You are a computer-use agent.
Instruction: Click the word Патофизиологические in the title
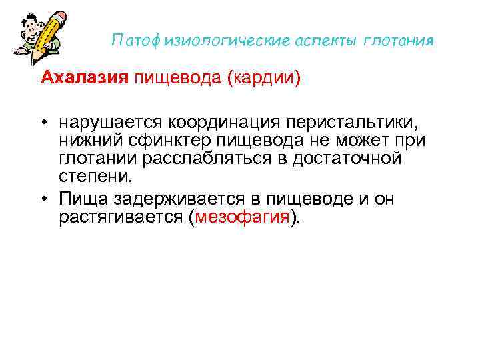tap(201, 41)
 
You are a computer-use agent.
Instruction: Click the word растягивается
tap(131, 217)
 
